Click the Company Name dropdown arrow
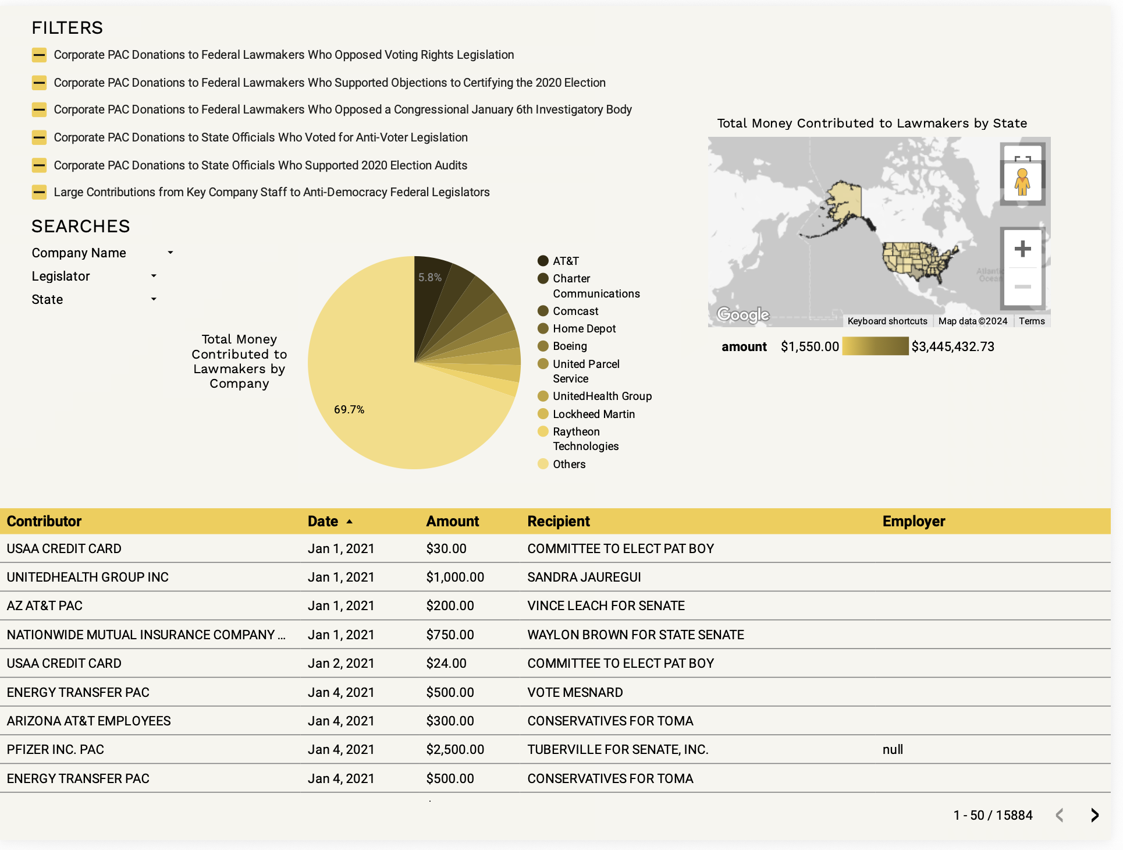(x=170, y=253)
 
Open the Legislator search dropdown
(x=154, y=276)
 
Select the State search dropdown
(x=154, y=299)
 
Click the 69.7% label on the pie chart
(x=349, y=410)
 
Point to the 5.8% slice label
(x=430, y=278)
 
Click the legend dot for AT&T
(x=543, y=261)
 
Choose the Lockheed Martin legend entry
(x=594, y=414)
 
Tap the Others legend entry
(x=568, y=464)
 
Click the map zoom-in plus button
(x=1022, y=249)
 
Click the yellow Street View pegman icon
(x=1022, y=182)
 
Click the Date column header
(x=324, y=522)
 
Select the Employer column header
(x=914, y=522)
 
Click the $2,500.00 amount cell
(x=455, y=750)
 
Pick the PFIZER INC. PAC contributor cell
(x=55, y=750)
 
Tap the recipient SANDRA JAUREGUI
(x=584, y=578)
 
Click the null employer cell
(x=893, y=750)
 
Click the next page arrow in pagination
(x=1094, y=815)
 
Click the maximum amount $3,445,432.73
(x=953, y=347)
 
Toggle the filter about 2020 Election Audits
(x=40, y=165)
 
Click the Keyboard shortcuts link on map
(x=887, y=321)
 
